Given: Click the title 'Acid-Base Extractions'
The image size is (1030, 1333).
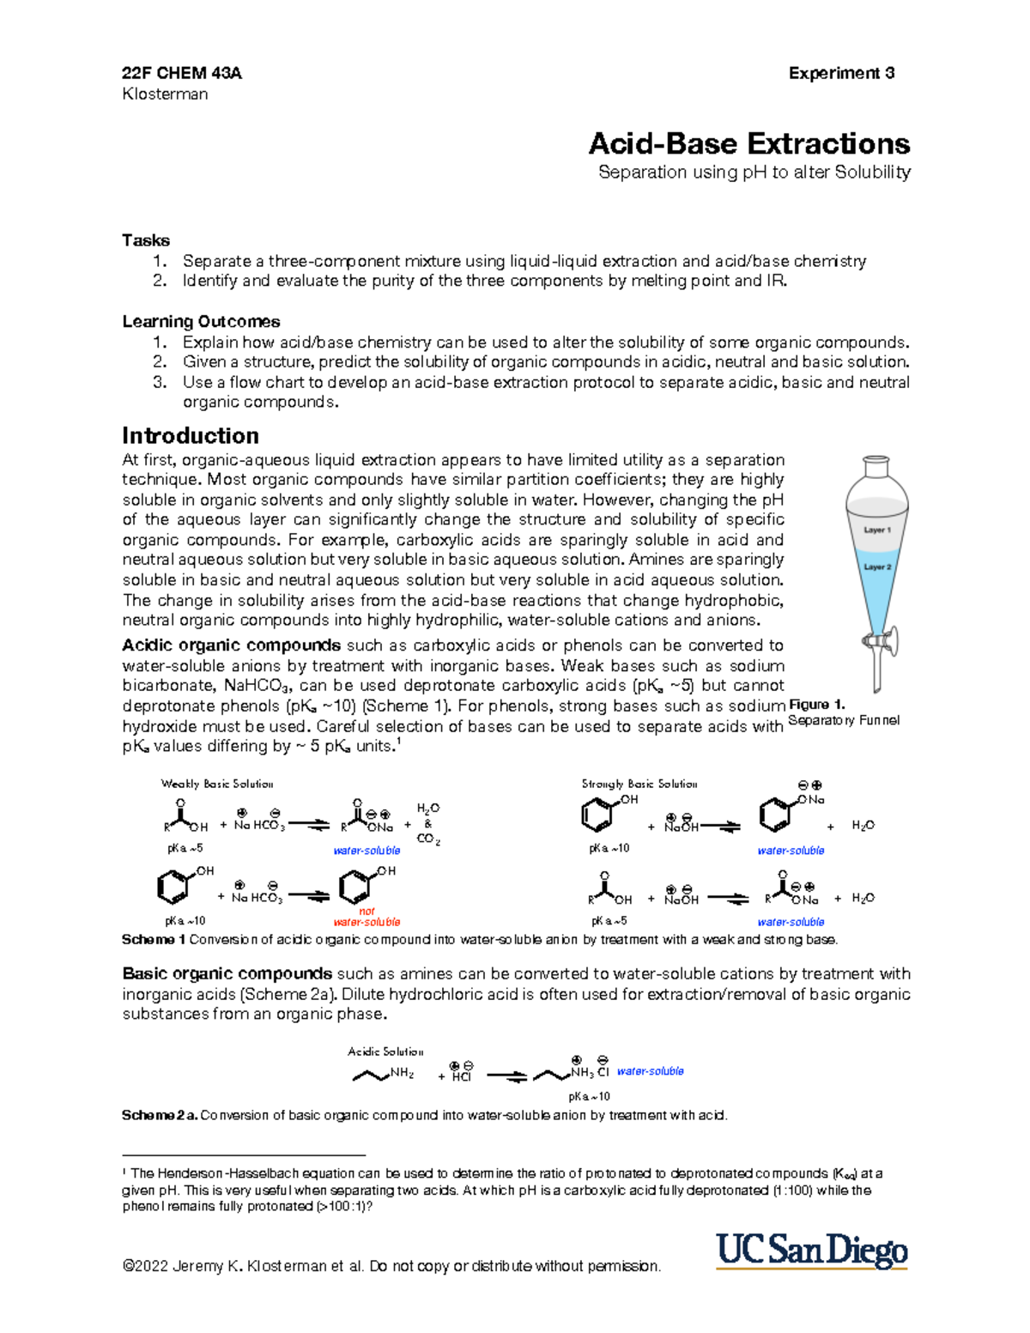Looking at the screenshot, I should tap(748, 142).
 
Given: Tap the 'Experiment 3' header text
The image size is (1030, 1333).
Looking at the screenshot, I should tap(841, 73).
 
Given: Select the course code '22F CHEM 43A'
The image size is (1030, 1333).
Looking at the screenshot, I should tap(182, 73).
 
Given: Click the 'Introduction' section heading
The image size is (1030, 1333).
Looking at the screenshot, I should tap(190, 435).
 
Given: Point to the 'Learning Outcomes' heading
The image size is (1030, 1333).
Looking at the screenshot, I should tap(201, 322).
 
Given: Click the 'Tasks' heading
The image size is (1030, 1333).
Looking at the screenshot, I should tap(146, 240).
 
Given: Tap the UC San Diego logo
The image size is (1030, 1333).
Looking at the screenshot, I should tap(812, 1251).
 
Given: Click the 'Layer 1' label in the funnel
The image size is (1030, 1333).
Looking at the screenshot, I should tap(876, 530).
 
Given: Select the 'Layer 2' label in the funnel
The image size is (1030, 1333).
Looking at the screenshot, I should tap(876, 567).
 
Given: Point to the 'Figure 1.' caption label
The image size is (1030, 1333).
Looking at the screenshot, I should tap(816, 705).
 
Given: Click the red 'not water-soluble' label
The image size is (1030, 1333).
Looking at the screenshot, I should tap(367, 917).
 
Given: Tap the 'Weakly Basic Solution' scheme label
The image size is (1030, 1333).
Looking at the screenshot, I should tap(217, 784).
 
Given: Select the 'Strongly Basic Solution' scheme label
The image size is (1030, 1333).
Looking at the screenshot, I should tap(639, 784).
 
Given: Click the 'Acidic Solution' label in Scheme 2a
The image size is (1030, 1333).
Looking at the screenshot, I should tap(385, 1051).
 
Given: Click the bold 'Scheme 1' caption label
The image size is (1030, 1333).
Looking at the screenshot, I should tap(154, 940).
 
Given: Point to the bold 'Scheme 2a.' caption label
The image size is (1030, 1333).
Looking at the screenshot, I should tap(160, 1116).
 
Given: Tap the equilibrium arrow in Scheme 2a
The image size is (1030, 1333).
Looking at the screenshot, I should tap(506, 1076).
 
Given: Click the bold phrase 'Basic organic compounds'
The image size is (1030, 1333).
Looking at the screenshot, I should tap(227, 974).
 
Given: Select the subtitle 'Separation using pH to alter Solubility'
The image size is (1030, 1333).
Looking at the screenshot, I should tap(754, 173).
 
